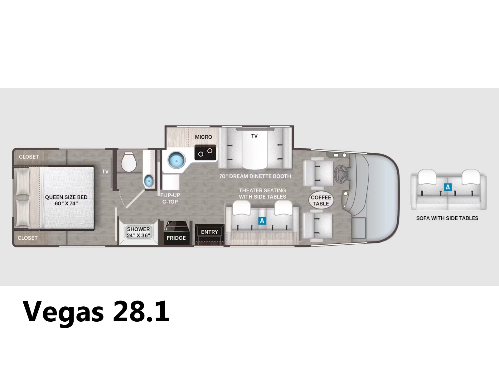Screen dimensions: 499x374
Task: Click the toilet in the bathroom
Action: click(129, 162)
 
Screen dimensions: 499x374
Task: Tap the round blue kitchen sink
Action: click(177, 160)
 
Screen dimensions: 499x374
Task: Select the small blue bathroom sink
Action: click(149, 181)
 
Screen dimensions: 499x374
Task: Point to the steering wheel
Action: click(341, 175)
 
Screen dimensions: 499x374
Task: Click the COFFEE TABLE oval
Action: click(321, 200)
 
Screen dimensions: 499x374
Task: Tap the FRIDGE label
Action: click(176, 238)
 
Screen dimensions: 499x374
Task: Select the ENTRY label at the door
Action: click(209, 232)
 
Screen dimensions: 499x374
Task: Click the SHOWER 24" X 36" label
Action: click(138, 232)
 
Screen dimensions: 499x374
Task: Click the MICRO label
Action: click(203, 137)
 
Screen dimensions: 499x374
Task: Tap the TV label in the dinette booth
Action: click(254, 136)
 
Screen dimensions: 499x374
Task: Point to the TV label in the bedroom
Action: click(105, 171)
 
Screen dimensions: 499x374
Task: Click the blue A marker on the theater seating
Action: click(262, 221)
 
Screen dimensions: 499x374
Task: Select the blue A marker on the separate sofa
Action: click(448, 187)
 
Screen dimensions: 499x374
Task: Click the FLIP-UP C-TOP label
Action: click(170, 199)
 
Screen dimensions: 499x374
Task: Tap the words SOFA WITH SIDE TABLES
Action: click(447, 218)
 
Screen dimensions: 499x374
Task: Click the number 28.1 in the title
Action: click(141, 311)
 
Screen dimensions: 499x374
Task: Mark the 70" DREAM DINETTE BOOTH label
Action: click(255, 176)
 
